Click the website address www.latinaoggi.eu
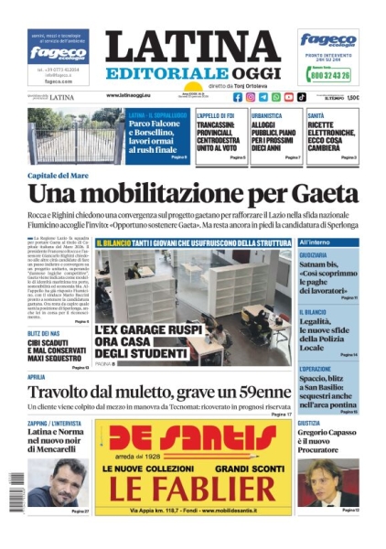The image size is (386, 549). pyautogui.click(x=135, y=95)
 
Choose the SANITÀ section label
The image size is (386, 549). pyautogui.click(x=316, y=114)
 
